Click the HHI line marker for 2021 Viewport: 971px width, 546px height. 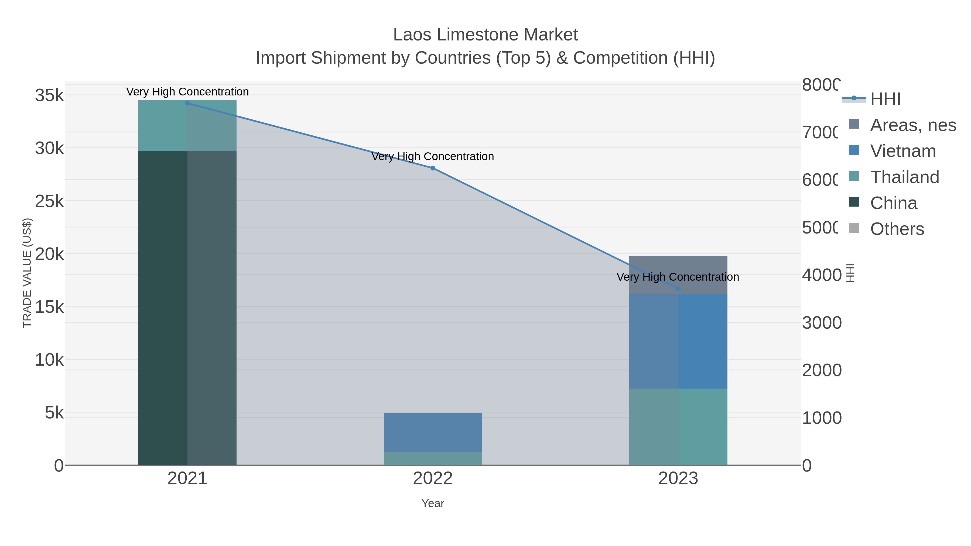pyautogui.click(x=187, y=103)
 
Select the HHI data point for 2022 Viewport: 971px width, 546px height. pyautogui.click(x=433, y=168)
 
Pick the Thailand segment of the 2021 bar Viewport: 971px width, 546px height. pyautogui.click(x=187, y=125)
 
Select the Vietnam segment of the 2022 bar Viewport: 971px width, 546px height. pyautogui.click(x=433, y=432)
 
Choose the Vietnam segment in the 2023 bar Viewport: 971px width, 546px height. pyautogui.click(x=678, y=341)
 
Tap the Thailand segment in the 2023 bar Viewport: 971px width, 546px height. pyautogui.click(x=678, y=427)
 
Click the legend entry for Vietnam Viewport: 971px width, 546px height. pyautogui.click(x=903, y=151)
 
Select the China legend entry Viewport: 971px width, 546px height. pyautogui.click(x=893, y=203)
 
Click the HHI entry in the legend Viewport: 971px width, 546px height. pyautogui.click(x=885, y=99)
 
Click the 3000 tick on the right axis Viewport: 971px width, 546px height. pyautogui.click(x=821, y=323)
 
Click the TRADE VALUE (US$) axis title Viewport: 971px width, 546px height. pyautogui.click(x=27, y=273)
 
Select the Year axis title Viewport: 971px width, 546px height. pyautogui.click(x=433, y=503)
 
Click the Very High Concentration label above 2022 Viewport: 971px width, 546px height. pyautogui.click(x=433, y=156)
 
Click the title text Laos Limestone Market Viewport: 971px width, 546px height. pyautogui.click(x=485, y=35)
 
